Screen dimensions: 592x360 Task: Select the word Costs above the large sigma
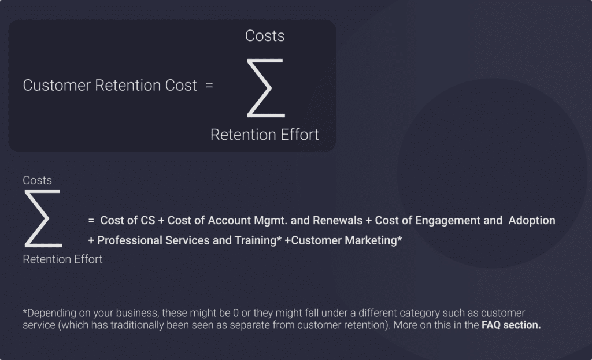(265, 36)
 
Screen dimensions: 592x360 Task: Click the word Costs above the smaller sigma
(37, 180)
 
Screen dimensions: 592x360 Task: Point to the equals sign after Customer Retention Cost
(209, 86)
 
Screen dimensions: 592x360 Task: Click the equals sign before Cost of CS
(91, 220)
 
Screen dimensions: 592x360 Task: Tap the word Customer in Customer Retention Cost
(57, 86)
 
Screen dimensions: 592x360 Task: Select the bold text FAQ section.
(511, 325)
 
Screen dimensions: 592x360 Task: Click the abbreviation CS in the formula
(147, 220)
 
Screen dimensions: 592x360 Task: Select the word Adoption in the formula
(532, 221)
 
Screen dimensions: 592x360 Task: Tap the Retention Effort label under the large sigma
(265, 135)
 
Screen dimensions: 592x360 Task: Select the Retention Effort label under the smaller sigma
(62, 259)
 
